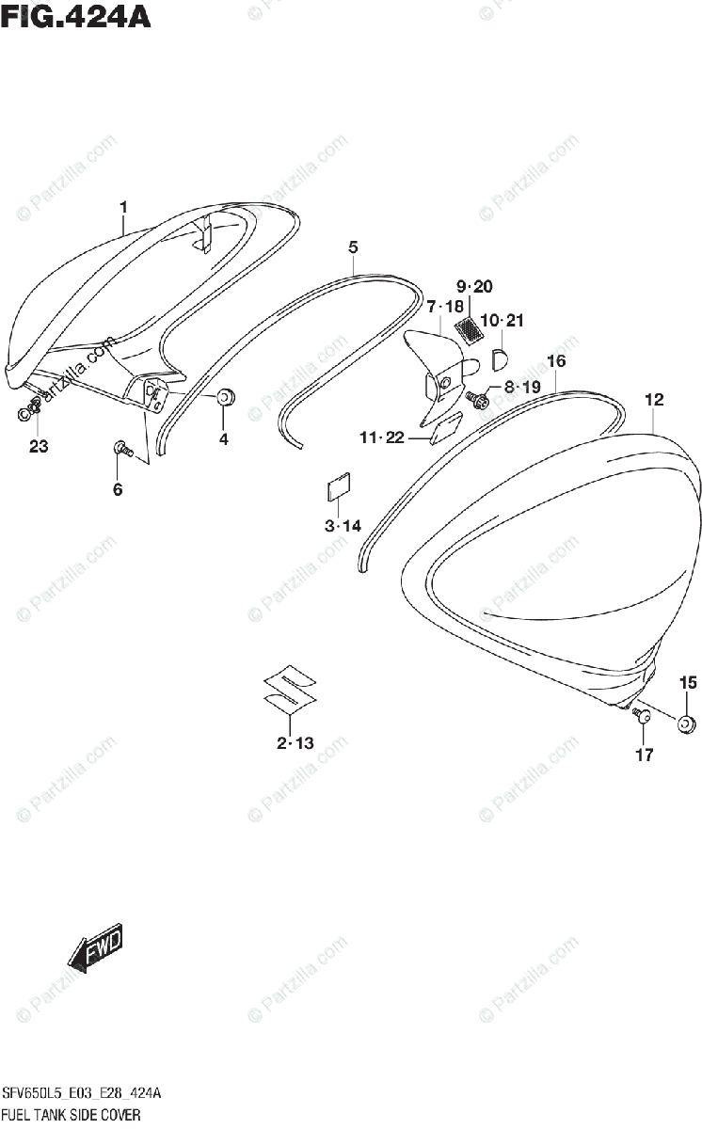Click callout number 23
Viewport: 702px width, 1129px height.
point(38,447)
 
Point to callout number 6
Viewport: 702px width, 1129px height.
point(118,488)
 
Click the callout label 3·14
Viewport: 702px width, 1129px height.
point(343,526)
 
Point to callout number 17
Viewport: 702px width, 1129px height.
point(645,754)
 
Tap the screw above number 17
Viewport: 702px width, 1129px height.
point(644,717)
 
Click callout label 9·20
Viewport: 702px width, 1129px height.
point(474,286)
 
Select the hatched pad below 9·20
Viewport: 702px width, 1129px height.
point(468,329)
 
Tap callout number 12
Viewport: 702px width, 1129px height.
point(654,400)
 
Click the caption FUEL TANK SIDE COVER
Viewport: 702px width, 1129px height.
point(72,1116)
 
